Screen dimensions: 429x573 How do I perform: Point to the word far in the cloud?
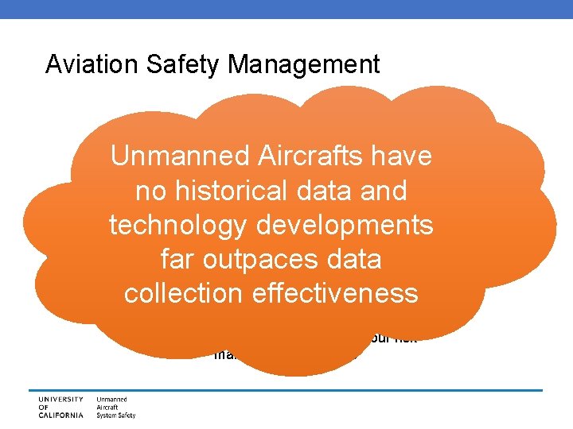[179, 260]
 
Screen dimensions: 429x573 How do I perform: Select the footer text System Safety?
[116, 415]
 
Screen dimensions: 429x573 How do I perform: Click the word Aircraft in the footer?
[109, 407]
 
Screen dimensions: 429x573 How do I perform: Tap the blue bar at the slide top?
[286, 8]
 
